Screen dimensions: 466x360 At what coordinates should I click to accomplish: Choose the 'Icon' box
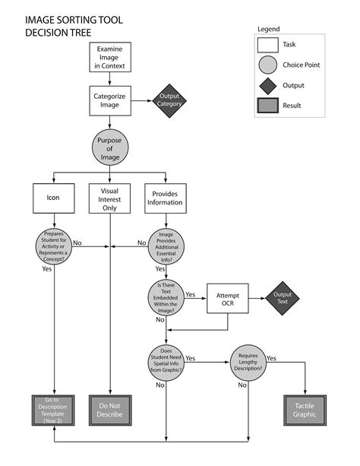point(54,198)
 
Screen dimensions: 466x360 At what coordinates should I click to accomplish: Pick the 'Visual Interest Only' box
point(110,198)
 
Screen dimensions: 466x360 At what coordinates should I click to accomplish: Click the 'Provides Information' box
point(165,198)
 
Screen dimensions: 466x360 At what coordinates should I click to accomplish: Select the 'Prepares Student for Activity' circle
point(54,245)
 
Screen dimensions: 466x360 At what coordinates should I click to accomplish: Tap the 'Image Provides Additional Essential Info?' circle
point(166,245)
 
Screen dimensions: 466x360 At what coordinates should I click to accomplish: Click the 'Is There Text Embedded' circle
point(166,297)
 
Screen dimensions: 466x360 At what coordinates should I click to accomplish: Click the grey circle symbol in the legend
point(268,65)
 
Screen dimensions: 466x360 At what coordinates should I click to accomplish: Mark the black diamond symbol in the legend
point(268,85)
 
